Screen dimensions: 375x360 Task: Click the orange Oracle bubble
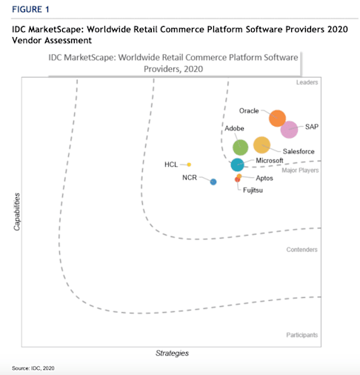click(x=277, y=119)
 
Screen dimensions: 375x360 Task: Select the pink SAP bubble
click(x=289, y=129)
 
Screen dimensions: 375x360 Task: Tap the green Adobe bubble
click(x=241, y=147)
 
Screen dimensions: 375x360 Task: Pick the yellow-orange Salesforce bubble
click(x=261, y=145)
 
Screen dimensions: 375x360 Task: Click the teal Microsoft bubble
click(x=237, y=165)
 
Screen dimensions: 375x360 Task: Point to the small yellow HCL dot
click(x=189, y=165)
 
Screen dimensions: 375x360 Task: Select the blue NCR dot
click(x=213, y=182)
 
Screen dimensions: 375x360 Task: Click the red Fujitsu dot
click(x=237, y=179)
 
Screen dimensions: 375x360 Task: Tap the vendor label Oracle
click(x=249, y=111)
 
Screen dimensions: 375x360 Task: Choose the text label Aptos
click(x=265, y=179)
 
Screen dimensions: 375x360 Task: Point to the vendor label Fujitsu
click(x=253, y=190)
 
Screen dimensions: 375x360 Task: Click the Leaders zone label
click(x=307, y=83)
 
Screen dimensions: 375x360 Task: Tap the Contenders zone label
click(x=302, y=250)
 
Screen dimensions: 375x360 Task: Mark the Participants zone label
click(x=302, y=335)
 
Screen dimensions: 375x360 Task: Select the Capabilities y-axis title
click(x=16, y=211)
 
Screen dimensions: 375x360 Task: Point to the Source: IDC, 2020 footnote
click(x=33, y=368)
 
